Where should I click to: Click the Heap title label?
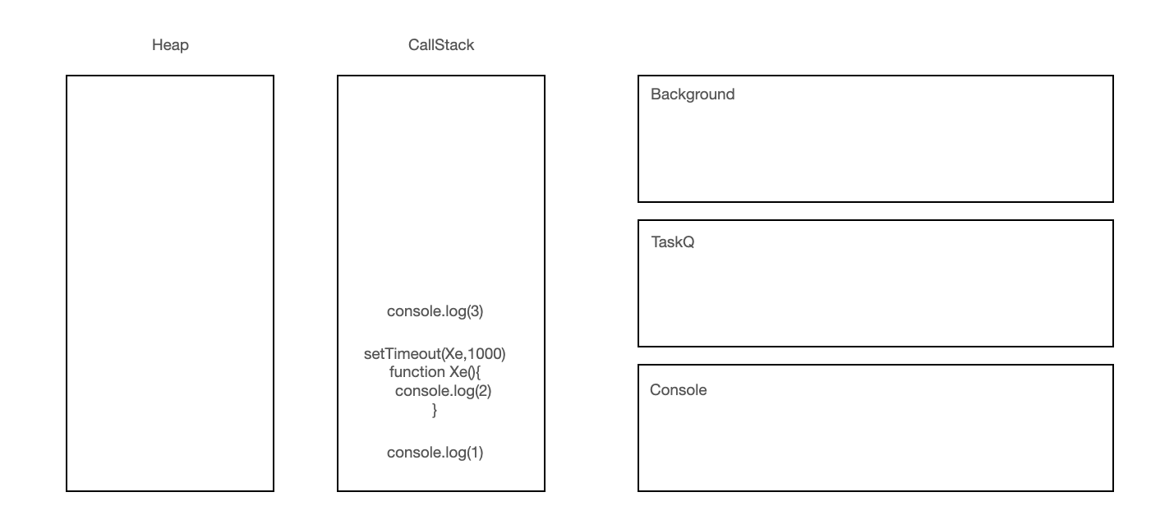[x=170, y=45]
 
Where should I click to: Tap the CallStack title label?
[x=441, y=45]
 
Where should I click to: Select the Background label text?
[x=693, y=94]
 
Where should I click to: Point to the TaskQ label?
[x=673, y=243]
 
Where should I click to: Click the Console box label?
[x=679, y=390]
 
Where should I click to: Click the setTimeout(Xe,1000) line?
[x=435, y=354]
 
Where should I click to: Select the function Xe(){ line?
[x=435, y=372]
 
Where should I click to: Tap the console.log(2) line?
[x=443, y=391]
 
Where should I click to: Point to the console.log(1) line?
[x=435, y=453]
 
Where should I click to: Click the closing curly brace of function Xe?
[x=435, y=410]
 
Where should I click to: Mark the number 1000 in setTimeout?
[x=485, y=354]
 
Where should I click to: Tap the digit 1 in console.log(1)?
[x=474, y=453]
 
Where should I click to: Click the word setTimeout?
[x=401, y=354]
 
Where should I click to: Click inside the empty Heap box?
[x=170, y=283]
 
